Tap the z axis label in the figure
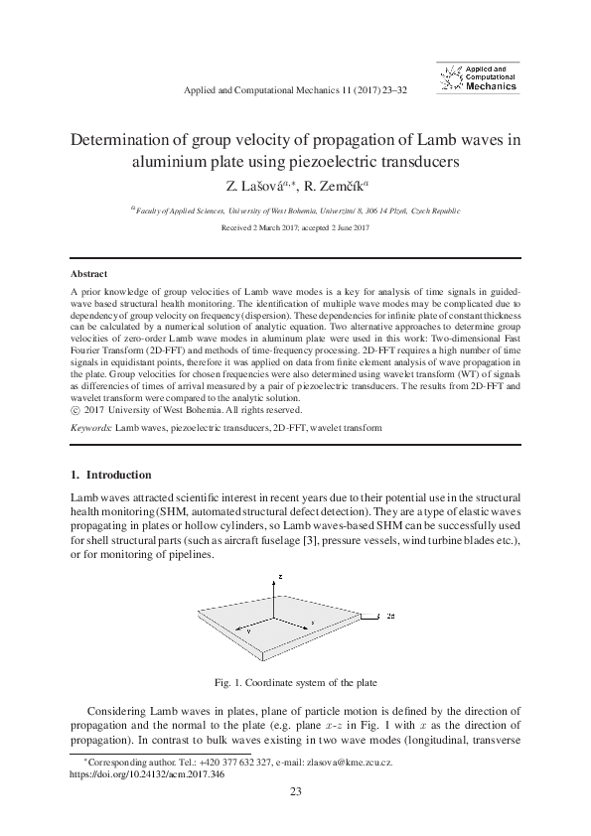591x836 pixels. (282, 577)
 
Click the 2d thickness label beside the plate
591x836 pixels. (392, 617)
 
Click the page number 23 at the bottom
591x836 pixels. (295, 790)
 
